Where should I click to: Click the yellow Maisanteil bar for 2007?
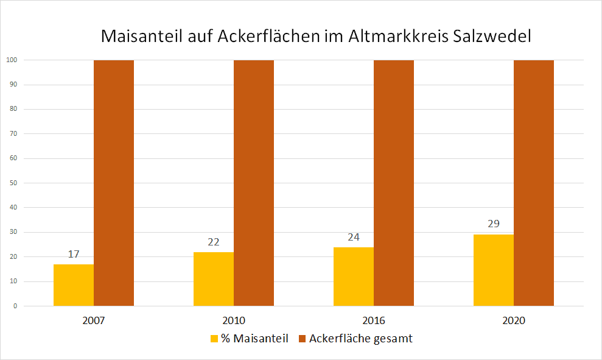74,285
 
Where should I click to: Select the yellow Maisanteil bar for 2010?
214,279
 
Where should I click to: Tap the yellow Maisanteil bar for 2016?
354,277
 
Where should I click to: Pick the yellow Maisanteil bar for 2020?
494,270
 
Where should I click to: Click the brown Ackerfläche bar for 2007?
114,183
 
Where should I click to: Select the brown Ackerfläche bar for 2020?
534,183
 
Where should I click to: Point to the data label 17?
74,254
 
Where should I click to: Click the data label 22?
214,242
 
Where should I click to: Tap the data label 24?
354,237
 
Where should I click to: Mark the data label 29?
494,224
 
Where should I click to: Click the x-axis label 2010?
234,320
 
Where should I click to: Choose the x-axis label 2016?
374,320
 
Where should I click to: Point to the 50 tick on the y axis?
13,183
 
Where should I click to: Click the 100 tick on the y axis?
12,60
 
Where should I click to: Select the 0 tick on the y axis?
15,306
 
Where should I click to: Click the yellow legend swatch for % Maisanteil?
214,339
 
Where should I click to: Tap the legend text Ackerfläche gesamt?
360,339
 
